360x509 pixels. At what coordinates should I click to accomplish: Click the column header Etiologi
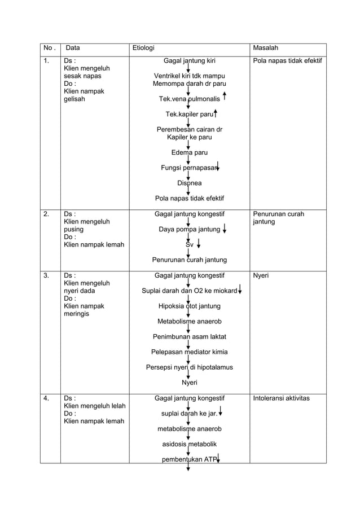(x=143, y=48)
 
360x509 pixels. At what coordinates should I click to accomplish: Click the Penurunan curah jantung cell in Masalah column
(x=279, y=218)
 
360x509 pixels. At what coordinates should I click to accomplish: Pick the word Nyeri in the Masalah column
(x=261, y=276)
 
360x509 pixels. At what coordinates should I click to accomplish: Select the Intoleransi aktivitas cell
(x=281, y=398)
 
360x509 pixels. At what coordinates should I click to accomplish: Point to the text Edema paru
(x=189, y=152)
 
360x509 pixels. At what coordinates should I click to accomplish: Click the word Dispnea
(x=189, y=183)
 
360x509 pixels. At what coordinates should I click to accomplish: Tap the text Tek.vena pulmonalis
(x=189, y=99)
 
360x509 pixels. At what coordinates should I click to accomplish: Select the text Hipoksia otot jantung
(x=189, y=306)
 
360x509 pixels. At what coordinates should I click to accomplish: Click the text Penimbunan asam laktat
(x=189, y=337)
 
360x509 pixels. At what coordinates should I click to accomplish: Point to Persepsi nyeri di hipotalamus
(x=189, y=367)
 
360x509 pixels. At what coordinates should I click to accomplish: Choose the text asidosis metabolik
(x=189, y=444)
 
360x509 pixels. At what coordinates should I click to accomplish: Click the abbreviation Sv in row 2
(x=190, y=245)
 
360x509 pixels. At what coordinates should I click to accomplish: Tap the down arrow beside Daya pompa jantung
(x=225, y=229)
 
